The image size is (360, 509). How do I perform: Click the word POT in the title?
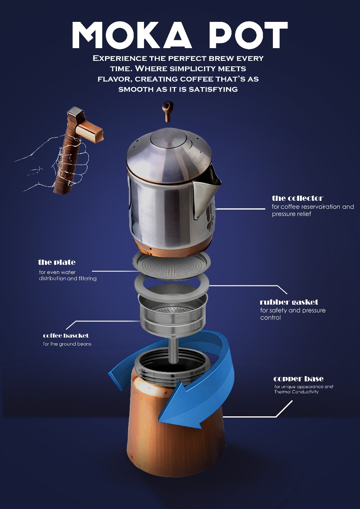(x=248, y=35)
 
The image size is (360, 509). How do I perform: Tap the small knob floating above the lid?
(x=168, y=111)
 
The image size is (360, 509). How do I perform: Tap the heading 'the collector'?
(x=298, y=198)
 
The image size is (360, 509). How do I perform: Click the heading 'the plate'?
(x=57, y=262)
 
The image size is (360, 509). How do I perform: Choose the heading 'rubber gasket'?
(x=289, y=302)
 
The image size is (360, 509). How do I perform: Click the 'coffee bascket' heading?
(x=66, y=336)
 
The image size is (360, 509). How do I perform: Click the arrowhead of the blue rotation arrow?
(x=179, y=407)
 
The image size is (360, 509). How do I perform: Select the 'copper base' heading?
(x=298, y=379)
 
